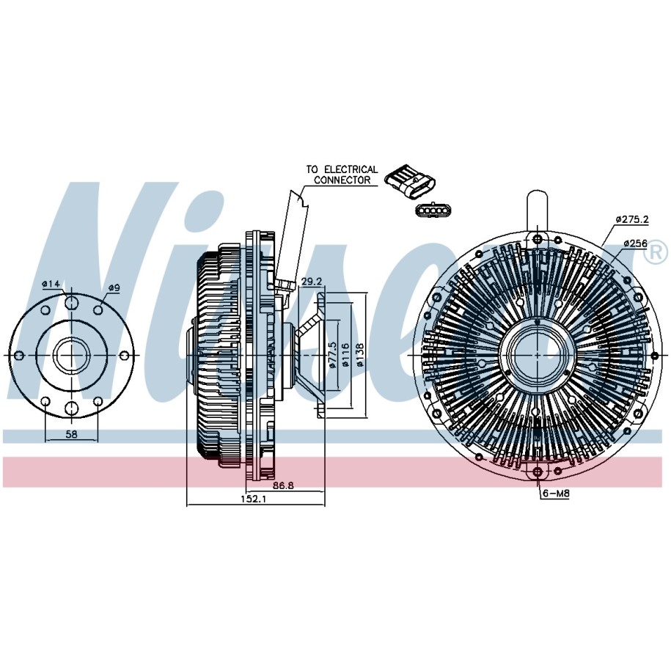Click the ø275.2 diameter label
point(632,219)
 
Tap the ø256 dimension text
point(635,243)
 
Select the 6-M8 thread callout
point(555,493)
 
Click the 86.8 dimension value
point(284,485)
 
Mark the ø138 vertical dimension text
point(359,354)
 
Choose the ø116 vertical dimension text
point(344,354)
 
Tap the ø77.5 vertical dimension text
point(331,354)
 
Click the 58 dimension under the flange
point(71,434)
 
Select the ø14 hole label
point(50,284)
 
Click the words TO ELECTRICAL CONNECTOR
point(342,175)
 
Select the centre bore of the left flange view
point(71,356)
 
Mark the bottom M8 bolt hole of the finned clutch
point(537,471)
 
